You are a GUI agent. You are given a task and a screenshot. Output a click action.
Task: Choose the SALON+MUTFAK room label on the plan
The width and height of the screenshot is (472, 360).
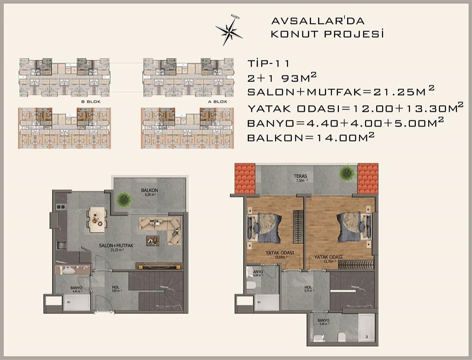(x=116, y=246)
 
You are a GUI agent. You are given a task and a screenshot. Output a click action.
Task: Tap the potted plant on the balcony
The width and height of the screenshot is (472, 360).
(x=124, y=199)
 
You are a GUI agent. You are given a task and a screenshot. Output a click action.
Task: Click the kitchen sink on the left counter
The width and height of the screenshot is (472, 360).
(x=61, y=245)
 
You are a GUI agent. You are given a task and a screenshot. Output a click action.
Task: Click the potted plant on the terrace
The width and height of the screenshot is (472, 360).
(x=346, y=173)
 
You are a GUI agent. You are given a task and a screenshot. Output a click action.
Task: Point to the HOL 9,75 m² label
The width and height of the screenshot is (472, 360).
(x=308, y=289)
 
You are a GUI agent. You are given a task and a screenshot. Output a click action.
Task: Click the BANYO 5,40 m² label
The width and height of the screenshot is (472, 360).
(x=323, y=322)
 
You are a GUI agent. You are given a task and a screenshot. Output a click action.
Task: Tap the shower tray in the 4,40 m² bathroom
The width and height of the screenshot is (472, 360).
(x=77, y=302)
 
